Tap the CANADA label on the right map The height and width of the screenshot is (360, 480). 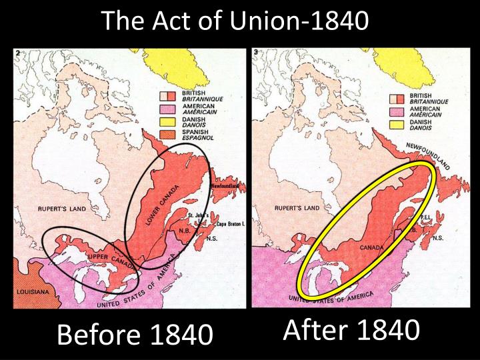point(373,247)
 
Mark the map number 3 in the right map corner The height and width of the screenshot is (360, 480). point(257,53)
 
